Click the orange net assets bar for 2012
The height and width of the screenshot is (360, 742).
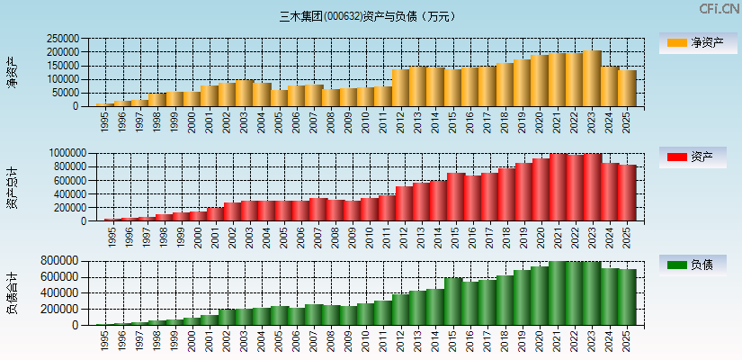click(400, 88)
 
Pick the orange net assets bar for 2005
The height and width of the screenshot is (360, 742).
click(279, 97)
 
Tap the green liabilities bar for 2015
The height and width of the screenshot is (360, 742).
click(453, 301)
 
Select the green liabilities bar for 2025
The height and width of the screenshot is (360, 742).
click(627, 297)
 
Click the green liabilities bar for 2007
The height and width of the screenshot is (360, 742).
click(314, 314)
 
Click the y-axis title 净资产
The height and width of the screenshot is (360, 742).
click(12, 72)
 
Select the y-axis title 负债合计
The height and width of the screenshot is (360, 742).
click(12, 292)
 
